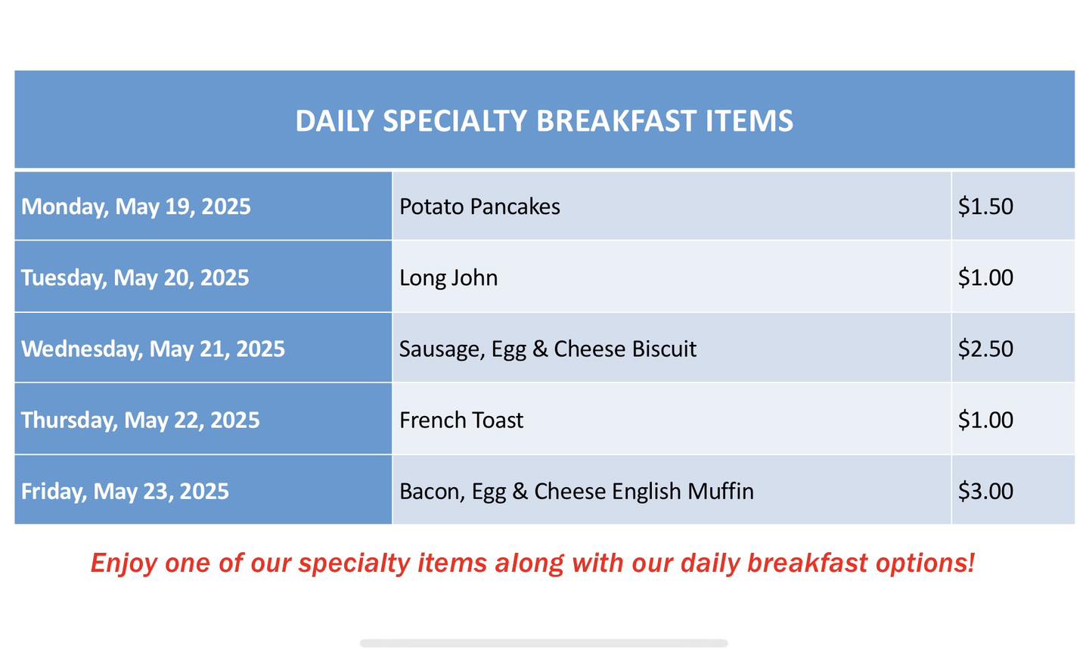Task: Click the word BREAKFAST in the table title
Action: [616, 120]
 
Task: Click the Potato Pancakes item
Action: [479, 206]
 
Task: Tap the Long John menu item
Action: [448, 278]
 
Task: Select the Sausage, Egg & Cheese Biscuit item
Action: [548, 349]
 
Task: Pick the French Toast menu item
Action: [461, 420]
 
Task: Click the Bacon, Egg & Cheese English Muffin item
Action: [576, 492]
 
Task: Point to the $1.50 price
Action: [985, 206]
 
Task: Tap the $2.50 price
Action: [985, 349]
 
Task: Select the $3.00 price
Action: [985, 492]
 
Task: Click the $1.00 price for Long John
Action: [985, 278]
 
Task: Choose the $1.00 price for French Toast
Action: [985, 420]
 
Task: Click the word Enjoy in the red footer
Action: [124, 563]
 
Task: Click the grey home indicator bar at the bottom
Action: [544, 643]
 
